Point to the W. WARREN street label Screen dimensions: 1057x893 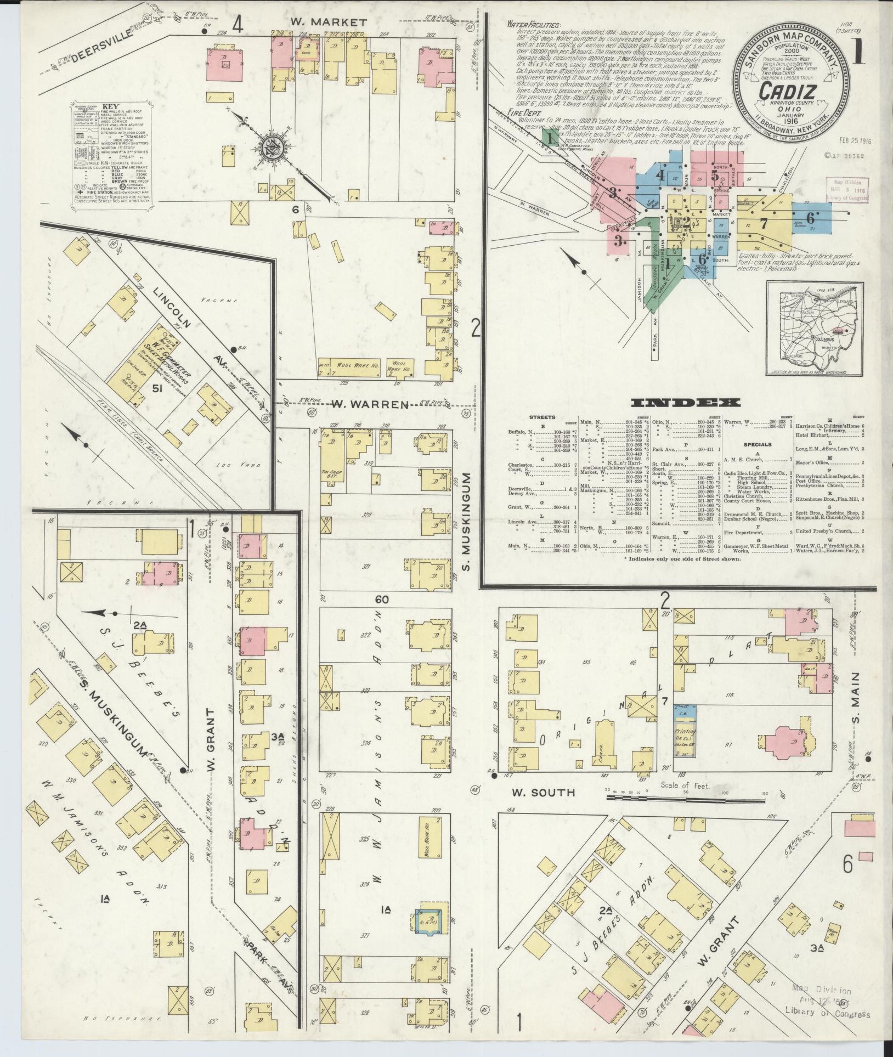371,405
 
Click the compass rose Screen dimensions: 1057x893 273,148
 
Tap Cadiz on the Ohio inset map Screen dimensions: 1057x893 835,331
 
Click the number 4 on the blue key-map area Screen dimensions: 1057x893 661,176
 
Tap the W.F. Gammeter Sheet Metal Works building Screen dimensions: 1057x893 144,358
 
